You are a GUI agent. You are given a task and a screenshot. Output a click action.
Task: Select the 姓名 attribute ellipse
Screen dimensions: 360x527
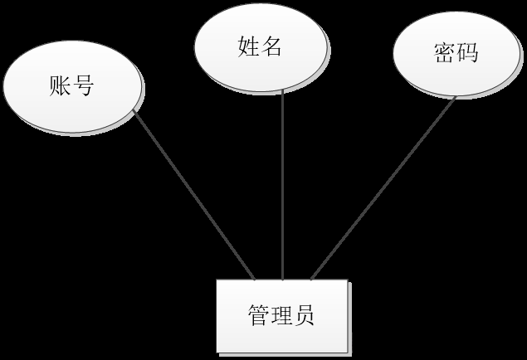click(x=260, y=47)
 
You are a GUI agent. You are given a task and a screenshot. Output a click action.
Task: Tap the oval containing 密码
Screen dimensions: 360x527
click(x=456, y=54)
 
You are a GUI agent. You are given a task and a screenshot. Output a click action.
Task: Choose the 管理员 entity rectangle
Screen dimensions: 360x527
click(x=281, y=315)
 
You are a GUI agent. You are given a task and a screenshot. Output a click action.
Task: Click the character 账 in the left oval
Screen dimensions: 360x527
click(x=61, y=85)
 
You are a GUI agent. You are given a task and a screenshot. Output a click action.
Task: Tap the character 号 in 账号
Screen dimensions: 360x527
click(x=83, y=85)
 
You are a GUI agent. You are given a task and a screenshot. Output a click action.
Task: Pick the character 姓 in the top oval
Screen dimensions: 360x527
click(x=248, y=47)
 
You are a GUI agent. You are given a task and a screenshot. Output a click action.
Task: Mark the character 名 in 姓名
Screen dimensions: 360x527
click(x=271, y=47)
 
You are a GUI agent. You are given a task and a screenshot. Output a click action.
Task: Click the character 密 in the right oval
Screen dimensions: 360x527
click(x=444, y=54)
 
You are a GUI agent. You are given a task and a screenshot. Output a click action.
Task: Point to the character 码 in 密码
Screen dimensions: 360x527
click(x=467, y=54)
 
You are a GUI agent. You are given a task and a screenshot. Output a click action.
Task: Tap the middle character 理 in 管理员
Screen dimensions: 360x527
click(x=281, y=316)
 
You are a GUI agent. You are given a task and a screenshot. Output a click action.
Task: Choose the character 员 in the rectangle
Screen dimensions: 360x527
click(x=305, y=316)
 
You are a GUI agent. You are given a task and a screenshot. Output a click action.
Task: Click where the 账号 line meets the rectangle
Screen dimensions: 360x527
click(x=254, y=279)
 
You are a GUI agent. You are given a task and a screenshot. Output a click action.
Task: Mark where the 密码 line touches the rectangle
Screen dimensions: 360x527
click(x=311, y=279)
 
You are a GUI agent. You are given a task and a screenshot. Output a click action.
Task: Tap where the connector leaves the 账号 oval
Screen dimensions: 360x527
click(x=134, y=112)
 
